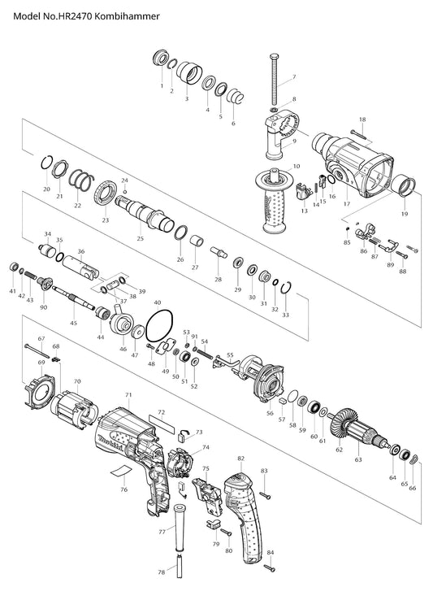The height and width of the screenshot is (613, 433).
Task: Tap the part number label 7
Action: (x=294, y=77)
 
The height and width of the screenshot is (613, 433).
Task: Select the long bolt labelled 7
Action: (x=274, y=79)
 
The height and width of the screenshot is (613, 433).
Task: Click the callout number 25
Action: (x=140, y=238)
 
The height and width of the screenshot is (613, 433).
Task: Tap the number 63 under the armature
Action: (x=358, y=460)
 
